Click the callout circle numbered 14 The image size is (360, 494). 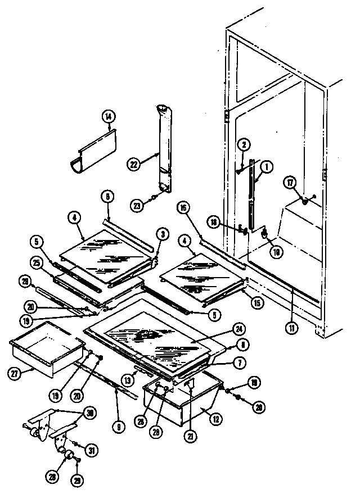pyautogui.click(x=108, y=117)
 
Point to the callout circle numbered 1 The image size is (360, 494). pyautogui.click(x=267, y=167)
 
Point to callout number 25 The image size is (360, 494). pyautogui.click(x=37, y=263)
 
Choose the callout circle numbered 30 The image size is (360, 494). pyautogui.click(x=89, y=413)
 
